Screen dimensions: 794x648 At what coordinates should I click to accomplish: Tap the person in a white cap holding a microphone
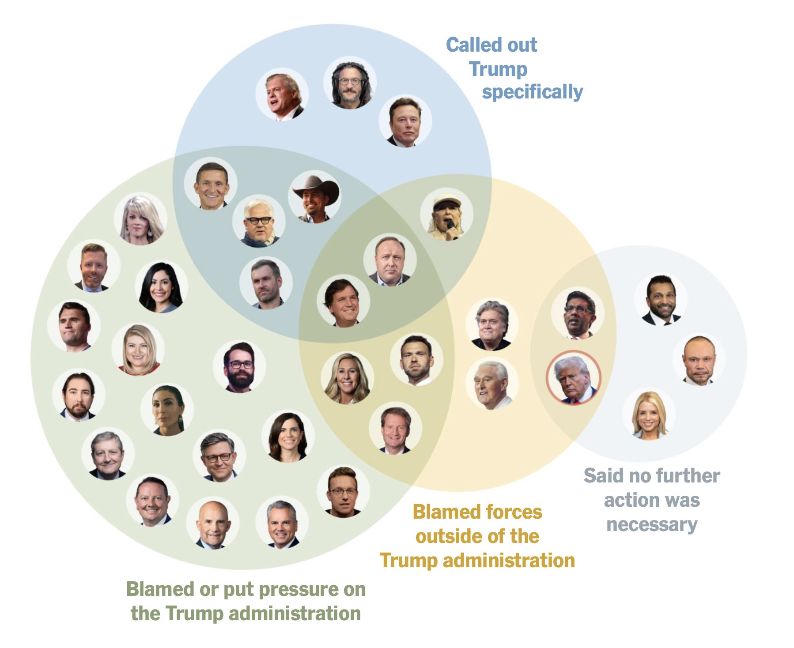pos(446,215)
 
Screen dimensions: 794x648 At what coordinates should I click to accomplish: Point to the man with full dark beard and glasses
pos(239,366)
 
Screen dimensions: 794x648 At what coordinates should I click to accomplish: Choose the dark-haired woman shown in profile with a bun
pos(167,410)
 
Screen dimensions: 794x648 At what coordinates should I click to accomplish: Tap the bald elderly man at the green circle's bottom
pos(212,524)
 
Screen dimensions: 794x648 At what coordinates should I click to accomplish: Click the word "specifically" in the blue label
pos(532,92)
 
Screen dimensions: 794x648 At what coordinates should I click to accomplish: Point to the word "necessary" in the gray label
pos(652,524)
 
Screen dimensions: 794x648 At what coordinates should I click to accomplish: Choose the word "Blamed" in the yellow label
pos(443,512)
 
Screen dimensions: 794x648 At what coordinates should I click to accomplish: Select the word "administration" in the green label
pos(295,613)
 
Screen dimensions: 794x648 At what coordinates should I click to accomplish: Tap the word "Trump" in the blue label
pos(498,69)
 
